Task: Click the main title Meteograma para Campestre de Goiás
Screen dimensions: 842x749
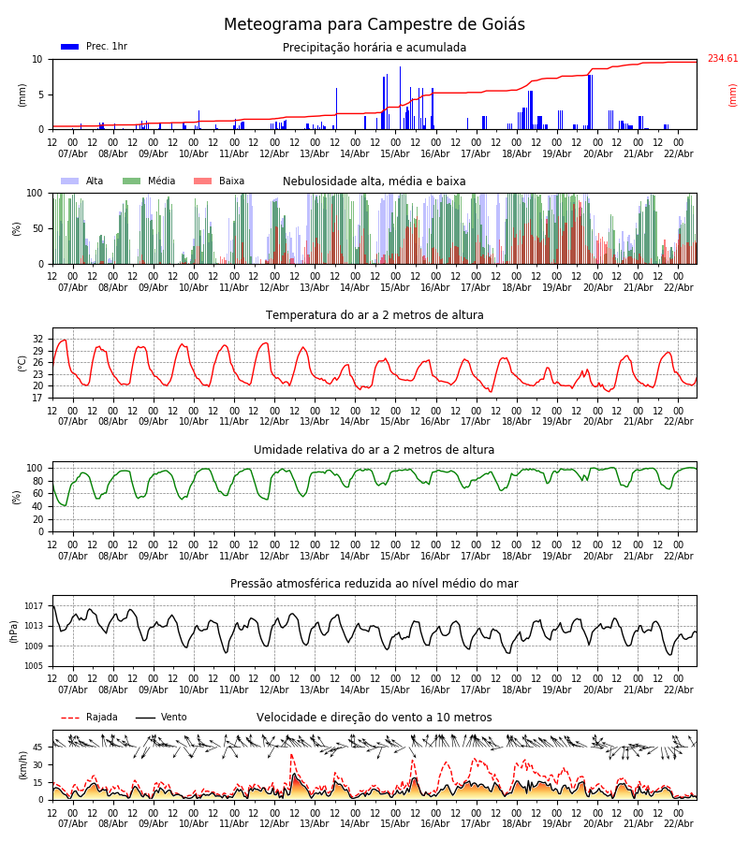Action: pyautogui.click(x=374, y=25)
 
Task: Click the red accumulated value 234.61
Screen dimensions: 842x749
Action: pyautogui.click(x=722, y=59)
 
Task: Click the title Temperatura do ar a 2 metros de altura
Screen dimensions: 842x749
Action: pyautogui.click(x=374, y=315)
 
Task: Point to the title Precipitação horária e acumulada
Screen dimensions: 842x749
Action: pyautogui.click(x=374, y=48)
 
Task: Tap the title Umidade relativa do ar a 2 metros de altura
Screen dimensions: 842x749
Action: pyautogui.click(x=374, y=450)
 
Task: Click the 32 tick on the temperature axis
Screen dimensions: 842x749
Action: pyautogui.click(x=38, y=339)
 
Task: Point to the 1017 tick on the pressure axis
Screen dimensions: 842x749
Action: pyautogui.click(x=34, y=606)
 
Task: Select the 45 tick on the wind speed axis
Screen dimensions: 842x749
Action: pyautogui.click(x=38, y=747)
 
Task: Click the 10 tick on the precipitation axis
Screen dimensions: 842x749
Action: pyautogui.click(x=38, y=59)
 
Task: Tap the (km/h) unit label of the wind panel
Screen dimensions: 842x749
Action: pyautogui.click(x=22, y=765)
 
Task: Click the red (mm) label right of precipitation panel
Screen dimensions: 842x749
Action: pyautogui.click(x=733, y=94)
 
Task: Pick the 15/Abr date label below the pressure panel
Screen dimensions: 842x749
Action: pyautogui.click(x=395, y=690)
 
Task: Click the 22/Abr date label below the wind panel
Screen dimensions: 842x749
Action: pyautogui.click(x=679, y=823)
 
